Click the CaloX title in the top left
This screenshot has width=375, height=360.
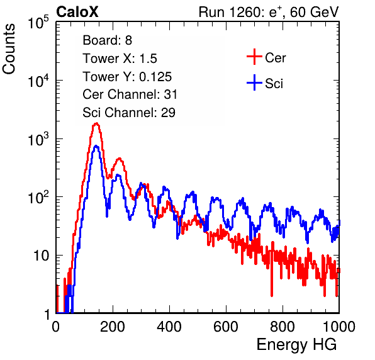77,12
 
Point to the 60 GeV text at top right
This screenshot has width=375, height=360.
314,13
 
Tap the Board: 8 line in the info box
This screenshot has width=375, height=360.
107,40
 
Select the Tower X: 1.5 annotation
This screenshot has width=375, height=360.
120,59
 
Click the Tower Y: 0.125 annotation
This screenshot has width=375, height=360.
127,77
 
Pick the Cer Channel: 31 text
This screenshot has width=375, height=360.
130,94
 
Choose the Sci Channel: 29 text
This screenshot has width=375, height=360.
128,113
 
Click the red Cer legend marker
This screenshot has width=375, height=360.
254,57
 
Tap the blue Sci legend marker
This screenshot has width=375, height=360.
254,82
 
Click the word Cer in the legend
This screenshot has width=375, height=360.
275,58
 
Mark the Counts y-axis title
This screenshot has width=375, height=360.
9,48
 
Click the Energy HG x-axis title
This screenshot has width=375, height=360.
296,344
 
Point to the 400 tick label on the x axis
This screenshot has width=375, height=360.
169,327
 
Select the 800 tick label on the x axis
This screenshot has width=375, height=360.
283,327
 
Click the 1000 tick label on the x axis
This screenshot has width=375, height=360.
339,327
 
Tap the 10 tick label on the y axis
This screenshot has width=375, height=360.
41,256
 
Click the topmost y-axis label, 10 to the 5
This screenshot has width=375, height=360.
38,23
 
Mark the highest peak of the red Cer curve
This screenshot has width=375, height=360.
96,123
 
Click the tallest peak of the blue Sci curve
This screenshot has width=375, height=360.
96,146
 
